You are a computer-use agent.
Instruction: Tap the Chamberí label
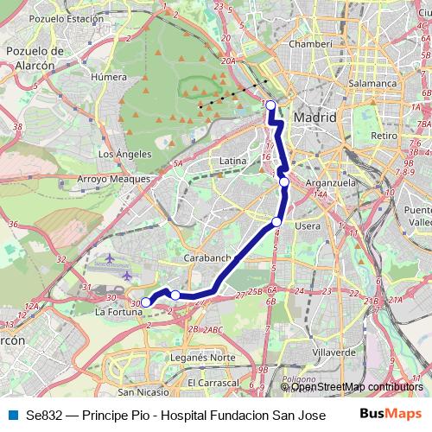coord(310,43)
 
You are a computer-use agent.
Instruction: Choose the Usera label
coord(308,226)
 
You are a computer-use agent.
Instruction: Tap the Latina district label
coord(233,161)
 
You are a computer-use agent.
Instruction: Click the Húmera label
coord(108,76)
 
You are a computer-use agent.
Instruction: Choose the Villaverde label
coord(334,353)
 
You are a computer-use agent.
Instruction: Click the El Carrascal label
coord(212,382)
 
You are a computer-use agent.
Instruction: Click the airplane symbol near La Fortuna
coord(127,275)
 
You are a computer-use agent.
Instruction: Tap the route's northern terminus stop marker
coord(270,105)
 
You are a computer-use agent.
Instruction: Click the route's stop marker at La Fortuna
coord(146,302)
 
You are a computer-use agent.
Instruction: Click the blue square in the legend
coord(12,414)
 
